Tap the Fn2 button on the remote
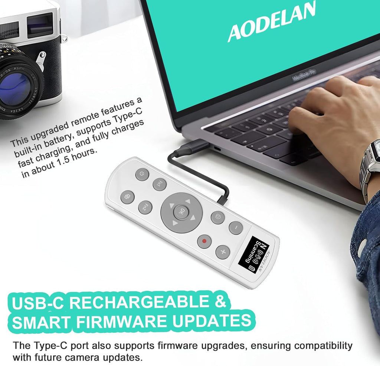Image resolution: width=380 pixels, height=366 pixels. click(145, 208)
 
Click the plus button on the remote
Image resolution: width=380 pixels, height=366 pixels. click(223, 252)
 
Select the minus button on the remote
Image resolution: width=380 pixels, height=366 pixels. click(236, 227)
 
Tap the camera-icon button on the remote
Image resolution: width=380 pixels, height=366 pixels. click(217, 217)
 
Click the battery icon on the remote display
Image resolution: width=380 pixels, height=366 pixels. click(251, 268)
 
